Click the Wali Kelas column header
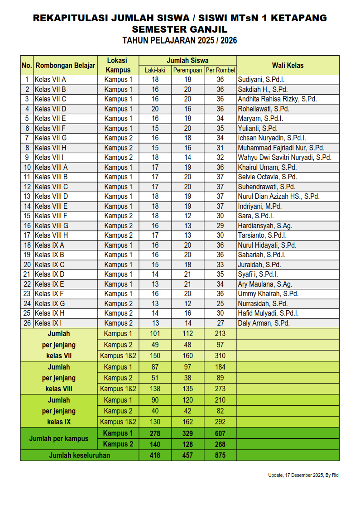coord(288,65)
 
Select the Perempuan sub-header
coord(187,70)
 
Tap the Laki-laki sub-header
coord(155,70)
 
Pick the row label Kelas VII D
coord(51,109)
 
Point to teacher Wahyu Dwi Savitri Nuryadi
coord(285,158)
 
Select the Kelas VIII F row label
coord(51,216)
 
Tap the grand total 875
coord(220,456)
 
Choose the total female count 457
coord(187,456)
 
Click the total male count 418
coord(155,456)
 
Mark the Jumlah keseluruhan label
coord(79,456)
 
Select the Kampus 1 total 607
coord(220,433)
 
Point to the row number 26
coord(27,323)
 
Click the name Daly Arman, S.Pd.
coord(264,323)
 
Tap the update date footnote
coord(303,475)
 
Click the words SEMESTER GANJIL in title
coord(180,29)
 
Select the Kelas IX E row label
coord(50,284)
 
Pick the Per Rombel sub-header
coord(220,70)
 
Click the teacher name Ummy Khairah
coord(268,294)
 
